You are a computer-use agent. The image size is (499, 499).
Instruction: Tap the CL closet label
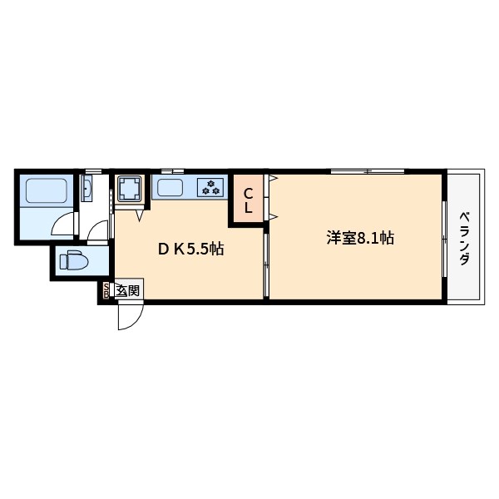tap(248, 200)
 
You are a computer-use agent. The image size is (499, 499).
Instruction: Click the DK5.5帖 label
tap(190, 249)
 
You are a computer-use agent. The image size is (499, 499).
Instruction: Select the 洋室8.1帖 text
tap(359, 238)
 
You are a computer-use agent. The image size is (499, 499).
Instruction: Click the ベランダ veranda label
tap(464, 238)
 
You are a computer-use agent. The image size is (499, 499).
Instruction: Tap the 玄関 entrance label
tap(127, 290)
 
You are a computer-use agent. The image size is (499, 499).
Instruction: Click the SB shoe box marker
tap(106, 290)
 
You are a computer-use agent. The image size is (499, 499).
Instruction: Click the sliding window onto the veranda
tap(445, 238)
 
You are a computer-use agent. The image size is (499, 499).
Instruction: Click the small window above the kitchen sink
tap(172, 170)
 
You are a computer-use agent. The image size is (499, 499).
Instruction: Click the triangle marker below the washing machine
tap(139, 215)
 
